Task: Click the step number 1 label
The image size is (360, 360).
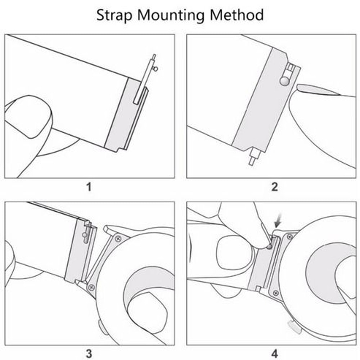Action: [89, 187]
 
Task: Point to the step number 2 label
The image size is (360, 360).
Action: [274, 187]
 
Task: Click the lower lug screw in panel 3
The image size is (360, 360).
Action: [91, 287]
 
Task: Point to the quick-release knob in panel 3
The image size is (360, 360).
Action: [86, 236]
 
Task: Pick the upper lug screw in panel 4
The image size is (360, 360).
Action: [289, 236]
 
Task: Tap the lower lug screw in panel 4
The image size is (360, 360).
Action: [275, 293]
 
